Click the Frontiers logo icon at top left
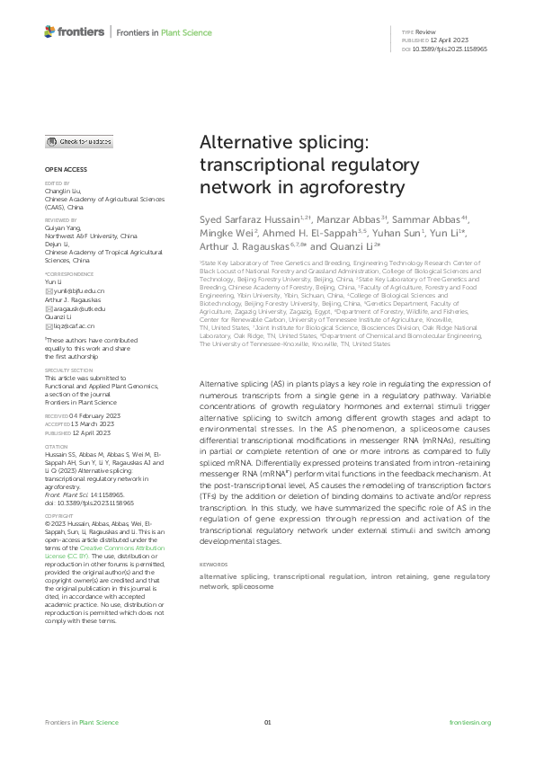49,31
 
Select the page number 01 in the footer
267,723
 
